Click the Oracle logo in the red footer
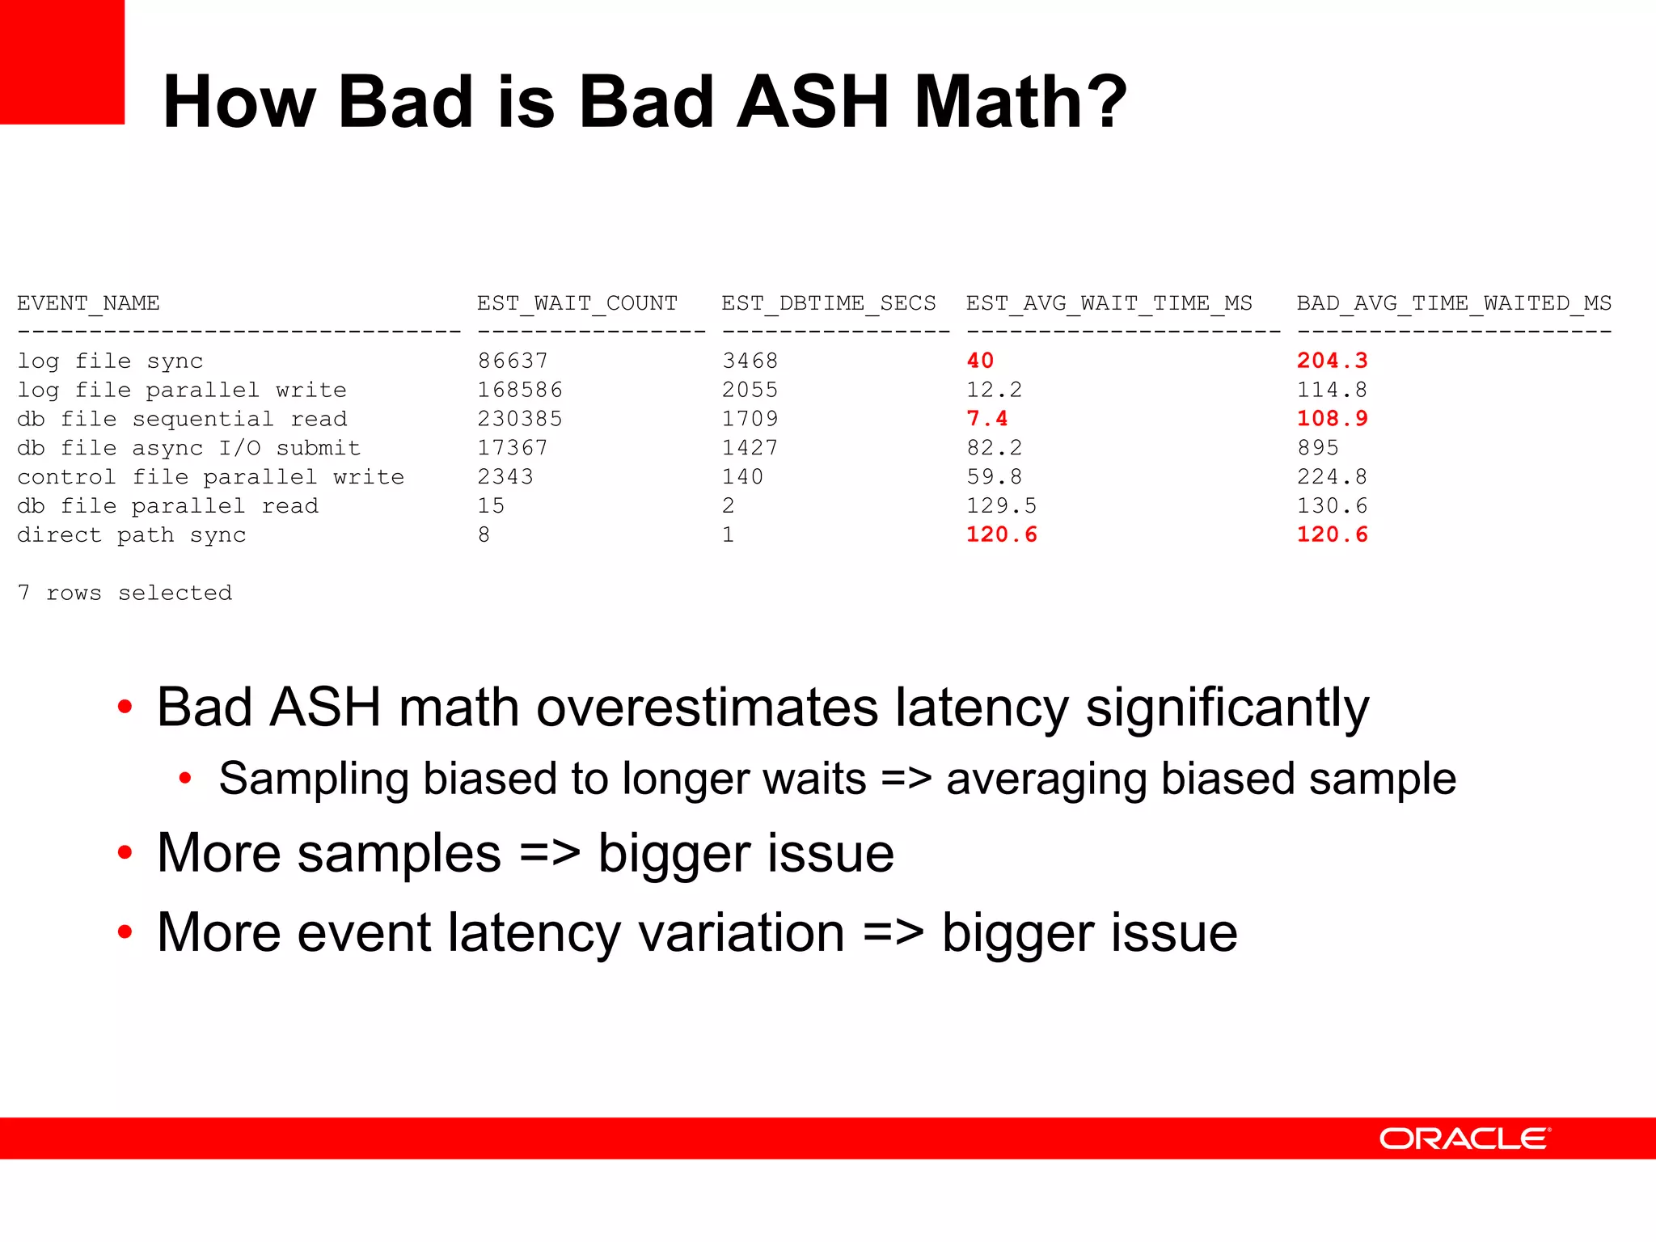1464,1138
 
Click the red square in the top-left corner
61,61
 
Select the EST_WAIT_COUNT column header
577,303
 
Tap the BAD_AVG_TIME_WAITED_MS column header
1454,303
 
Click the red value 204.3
1332,361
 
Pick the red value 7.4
986,419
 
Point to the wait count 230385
519,419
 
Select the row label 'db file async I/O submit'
188,448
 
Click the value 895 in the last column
1317,448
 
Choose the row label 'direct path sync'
131,535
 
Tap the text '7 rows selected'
125,593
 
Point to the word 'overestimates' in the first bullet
707,708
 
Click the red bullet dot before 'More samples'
125,852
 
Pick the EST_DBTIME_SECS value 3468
750,361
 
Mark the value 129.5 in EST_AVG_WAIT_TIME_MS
1001,506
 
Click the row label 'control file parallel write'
210,477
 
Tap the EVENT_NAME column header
88,303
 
